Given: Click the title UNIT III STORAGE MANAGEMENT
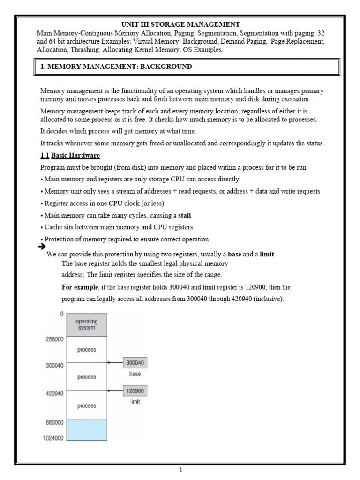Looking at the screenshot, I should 180,24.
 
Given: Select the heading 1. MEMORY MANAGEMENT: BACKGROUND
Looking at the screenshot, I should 116,67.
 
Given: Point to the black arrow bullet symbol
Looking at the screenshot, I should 41,247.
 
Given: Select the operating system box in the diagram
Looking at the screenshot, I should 87,325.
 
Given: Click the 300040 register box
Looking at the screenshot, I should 135,362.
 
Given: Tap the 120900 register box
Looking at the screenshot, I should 135,390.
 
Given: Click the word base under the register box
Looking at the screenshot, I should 135,375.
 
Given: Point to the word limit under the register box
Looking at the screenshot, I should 135,402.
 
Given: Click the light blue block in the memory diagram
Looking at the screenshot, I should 87,430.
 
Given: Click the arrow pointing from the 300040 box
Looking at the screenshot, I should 115,362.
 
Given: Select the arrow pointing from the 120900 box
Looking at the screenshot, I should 115,390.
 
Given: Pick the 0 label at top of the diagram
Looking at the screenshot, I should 61,314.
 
